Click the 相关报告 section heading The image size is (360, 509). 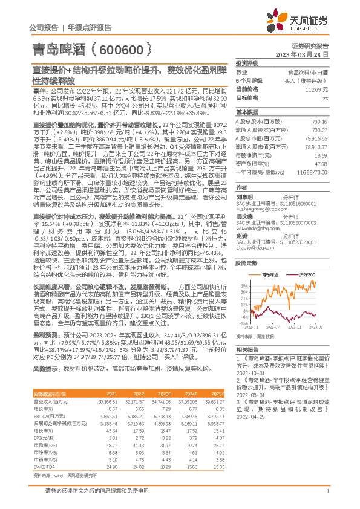pyautogui.click(x=247, y=351)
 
